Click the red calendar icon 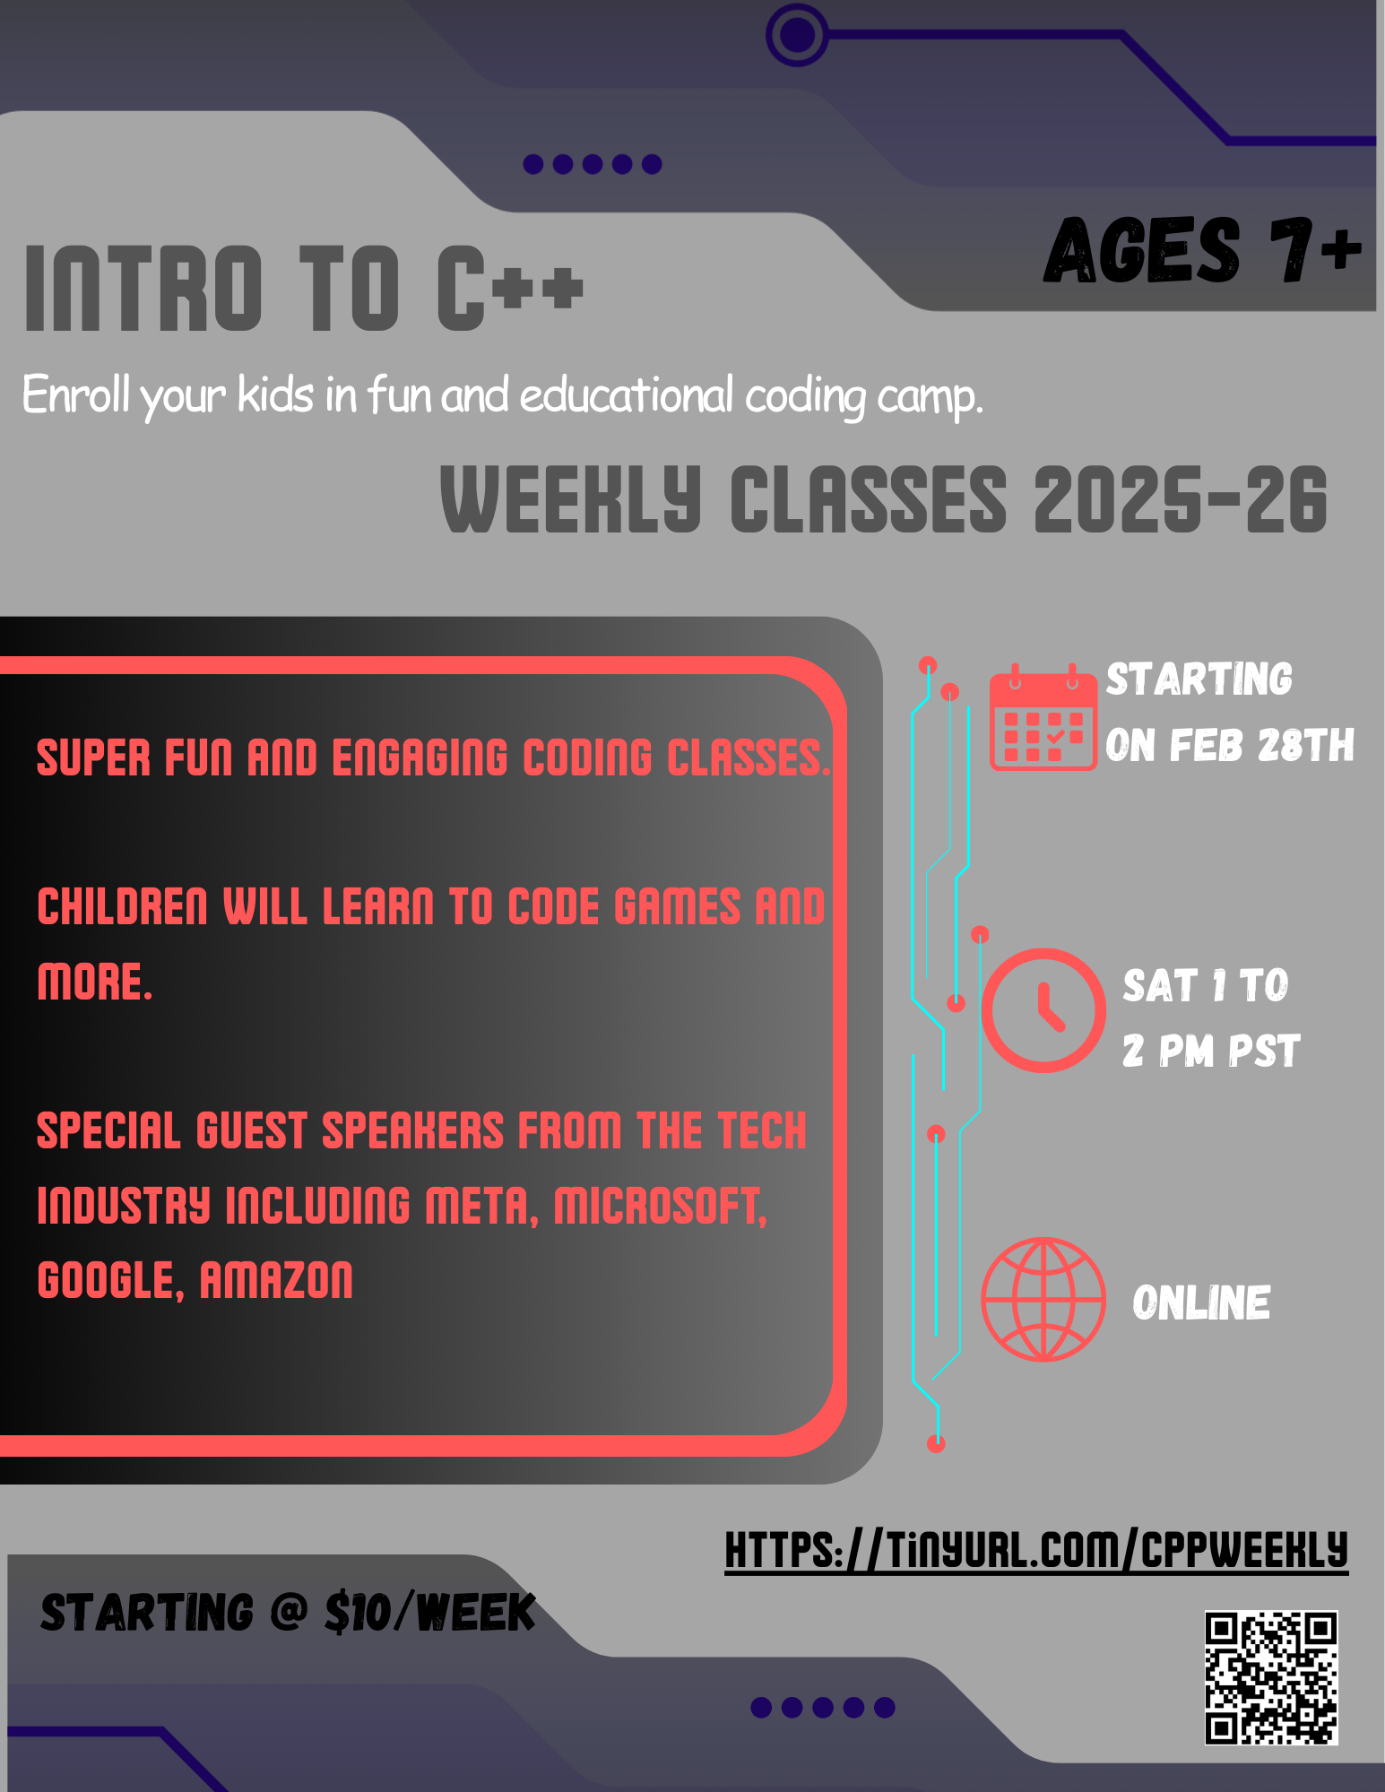[1043, 719]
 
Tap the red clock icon [1043, 1010]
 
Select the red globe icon [1043, 1299]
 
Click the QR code [1271, 1677]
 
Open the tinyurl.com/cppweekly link [1036, 1550]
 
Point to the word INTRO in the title [143, 289]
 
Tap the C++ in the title [509, 289]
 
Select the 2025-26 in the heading [1180, 499]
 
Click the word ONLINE [1201, 1303]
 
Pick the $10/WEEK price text [429, 1613]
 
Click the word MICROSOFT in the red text [660, 1206]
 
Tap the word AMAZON [276, 1280]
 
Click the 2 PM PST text [1211, 1051]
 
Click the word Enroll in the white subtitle [75, 394]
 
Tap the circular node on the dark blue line [797, 35]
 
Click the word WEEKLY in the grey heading [570, 499]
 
